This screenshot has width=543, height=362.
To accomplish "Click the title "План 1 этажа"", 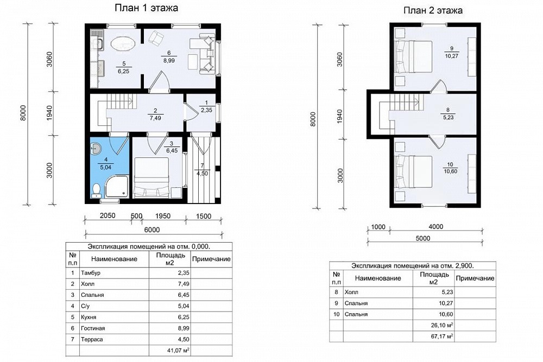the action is pyautogui.click(x=146, y=8).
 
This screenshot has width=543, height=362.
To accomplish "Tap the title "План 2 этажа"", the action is pyautogui.click(x=433, y=10).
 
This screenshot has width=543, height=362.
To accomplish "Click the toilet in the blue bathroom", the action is pyautogui.click(x=96, y=190).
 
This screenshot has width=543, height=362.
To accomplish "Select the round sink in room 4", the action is pyautogui.click(x=95, y=149).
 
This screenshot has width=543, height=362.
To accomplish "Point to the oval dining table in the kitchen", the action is pyautogui.click(x=123, y=45).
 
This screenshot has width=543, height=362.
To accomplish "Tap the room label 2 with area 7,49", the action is pyautogui.click(x=155, y=115).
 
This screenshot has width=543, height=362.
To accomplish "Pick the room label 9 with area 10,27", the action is pyautogui.click(x=452, y=52).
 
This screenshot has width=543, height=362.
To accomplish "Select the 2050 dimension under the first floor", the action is pyautogui.click(x=108, y=215).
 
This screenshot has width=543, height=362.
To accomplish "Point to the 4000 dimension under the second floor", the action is pyautogui.click(x=435, y=227).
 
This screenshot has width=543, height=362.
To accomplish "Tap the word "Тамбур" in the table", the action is pyautogui.click(x=90, y=272).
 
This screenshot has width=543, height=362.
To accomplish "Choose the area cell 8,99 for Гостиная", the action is pyautogui.click(x=183, y=328).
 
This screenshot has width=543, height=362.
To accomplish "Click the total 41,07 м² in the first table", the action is pyautogui.click(x=178, y=350).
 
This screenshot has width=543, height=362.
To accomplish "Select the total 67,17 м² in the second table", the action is pyautogui.click(x=442, y=336).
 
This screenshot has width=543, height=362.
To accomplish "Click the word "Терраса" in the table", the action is pyautogui.click(x=92, y=339).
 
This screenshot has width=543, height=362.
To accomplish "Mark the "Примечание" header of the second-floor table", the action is pyautogui.click(x=475, y=278).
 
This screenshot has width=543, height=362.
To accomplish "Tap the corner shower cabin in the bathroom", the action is pyautogui.click(x=117, y=187).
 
